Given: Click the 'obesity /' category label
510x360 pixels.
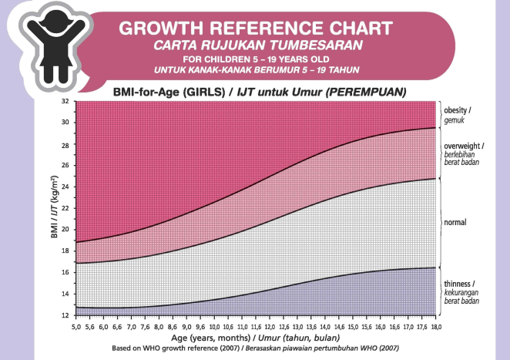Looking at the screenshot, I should pos(457,110).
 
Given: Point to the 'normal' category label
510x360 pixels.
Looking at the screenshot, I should pos(455,222).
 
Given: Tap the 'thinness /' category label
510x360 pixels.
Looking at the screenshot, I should pos(459,284).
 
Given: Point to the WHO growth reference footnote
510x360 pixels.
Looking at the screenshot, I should pos(253,348).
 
